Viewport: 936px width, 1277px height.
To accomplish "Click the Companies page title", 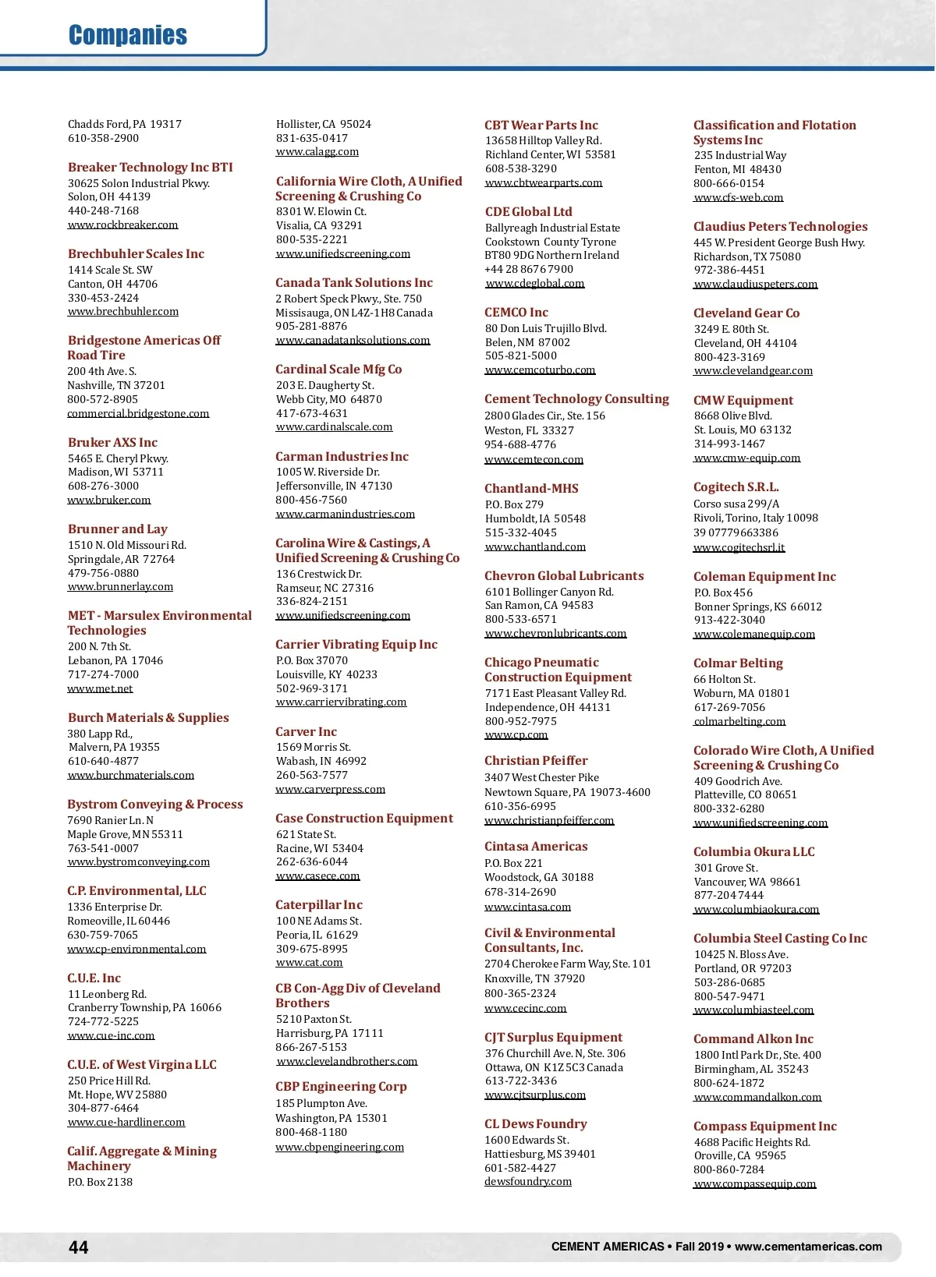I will (x=128, y=35).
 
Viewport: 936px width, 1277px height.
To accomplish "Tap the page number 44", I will (x=79, y=1247).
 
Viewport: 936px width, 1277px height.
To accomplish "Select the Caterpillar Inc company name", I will (x=319, y=905).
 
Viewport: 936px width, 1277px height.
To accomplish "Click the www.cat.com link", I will (x=310, y=963).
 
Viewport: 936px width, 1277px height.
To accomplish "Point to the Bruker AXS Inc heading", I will (x=112, y=443).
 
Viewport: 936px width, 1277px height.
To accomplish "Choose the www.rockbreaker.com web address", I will (x=123, y=225).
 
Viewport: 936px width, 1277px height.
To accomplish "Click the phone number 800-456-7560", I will (x=312, y=501).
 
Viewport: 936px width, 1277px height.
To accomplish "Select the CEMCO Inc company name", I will (x=516, y=313).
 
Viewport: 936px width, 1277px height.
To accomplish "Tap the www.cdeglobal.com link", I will (x=535, y=284).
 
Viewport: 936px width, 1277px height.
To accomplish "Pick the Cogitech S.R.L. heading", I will (x=736, y=487).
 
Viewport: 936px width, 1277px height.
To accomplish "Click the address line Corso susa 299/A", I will (x=736, y=504).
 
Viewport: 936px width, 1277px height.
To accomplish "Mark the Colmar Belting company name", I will (x=738, y=663).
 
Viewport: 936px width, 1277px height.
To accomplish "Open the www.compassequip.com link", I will (x=755, y=1184).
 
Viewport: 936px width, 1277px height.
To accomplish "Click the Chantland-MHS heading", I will (x=532, y=489).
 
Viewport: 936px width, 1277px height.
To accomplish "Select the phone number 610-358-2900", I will (x=104, y=139).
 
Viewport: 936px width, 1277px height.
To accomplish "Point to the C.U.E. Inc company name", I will (x=94, y=978).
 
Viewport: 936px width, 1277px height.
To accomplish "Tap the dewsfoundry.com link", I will (x=528, y=1182).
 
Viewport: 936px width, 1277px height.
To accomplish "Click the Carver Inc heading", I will (x=307, y=732).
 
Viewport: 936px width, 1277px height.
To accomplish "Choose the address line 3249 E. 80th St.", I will (x=732, y=330).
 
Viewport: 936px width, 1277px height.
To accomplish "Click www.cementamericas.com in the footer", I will (x=808, y=1247).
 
